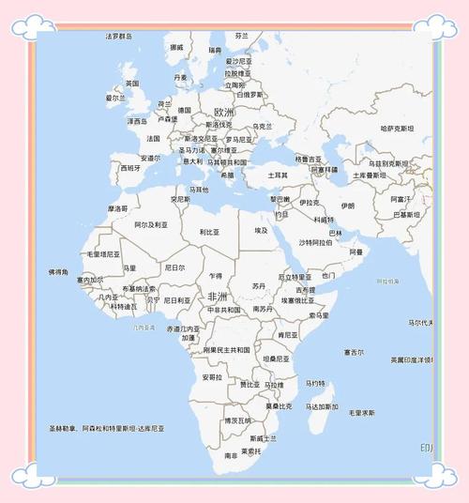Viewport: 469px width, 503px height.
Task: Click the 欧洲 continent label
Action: pos(223,112)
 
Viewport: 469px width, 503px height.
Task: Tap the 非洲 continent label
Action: pos(218,297)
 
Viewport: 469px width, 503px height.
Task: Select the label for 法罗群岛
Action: pos(119,37)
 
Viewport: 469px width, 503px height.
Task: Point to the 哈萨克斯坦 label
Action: pos(397,129)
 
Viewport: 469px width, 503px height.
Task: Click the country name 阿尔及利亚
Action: pos(151,225)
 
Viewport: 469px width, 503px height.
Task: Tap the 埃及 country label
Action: pos(261,230)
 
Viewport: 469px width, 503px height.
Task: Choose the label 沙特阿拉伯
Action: pos(315,242)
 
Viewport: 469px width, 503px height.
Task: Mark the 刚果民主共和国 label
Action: pos(226,350)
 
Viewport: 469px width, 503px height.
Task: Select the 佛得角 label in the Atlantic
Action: pos(58,271)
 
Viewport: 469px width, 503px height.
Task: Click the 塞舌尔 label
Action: pos(354,353)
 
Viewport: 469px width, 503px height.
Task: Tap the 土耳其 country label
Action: pos(279,175)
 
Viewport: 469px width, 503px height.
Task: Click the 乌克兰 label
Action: pos(263,126)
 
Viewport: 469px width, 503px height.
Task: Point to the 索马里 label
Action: pos(319,315)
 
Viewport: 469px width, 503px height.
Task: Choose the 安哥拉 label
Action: pos(212,377)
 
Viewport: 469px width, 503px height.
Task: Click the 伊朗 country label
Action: pos(348,205)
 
